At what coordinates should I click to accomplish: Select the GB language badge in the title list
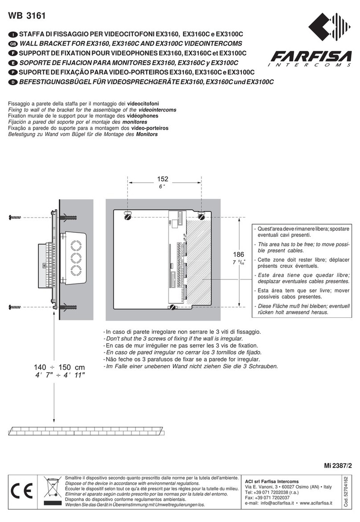(13, 44)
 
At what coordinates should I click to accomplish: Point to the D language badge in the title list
(13, 82)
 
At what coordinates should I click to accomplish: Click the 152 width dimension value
(163, 179)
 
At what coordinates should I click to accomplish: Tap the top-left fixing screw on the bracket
(126, 216)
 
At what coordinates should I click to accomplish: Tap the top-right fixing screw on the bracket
(201, 216)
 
